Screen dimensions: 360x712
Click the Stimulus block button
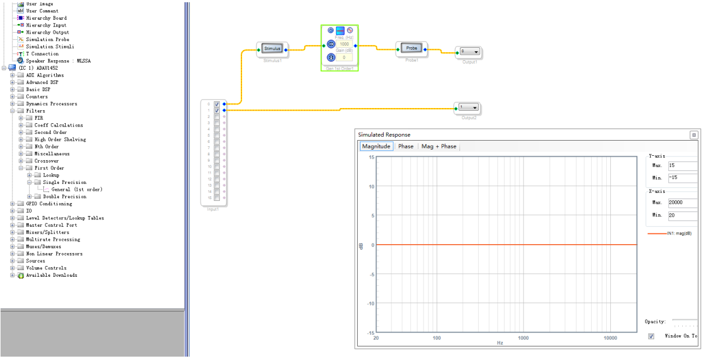[272, 49]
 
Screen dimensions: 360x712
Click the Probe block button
[412, 48]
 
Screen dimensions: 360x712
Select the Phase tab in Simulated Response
[405, 146]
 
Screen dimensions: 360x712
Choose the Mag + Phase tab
[439, 146]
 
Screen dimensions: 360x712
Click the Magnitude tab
[376, 146]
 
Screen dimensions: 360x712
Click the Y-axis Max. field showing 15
[682, 165]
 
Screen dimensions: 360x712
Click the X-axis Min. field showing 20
[682, 215]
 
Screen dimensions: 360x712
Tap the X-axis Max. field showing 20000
[682, 202]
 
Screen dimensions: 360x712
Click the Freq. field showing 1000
[344, 44]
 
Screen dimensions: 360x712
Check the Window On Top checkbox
[651, 336]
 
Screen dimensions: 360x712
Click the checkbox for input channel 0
[217, 104]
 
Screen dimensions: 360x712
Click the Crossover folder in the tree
[46, 161]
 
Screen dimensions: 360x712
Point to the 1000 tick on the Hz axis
[524, 338]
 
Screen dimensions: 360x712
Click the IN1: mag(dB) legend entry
[679, 233]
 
